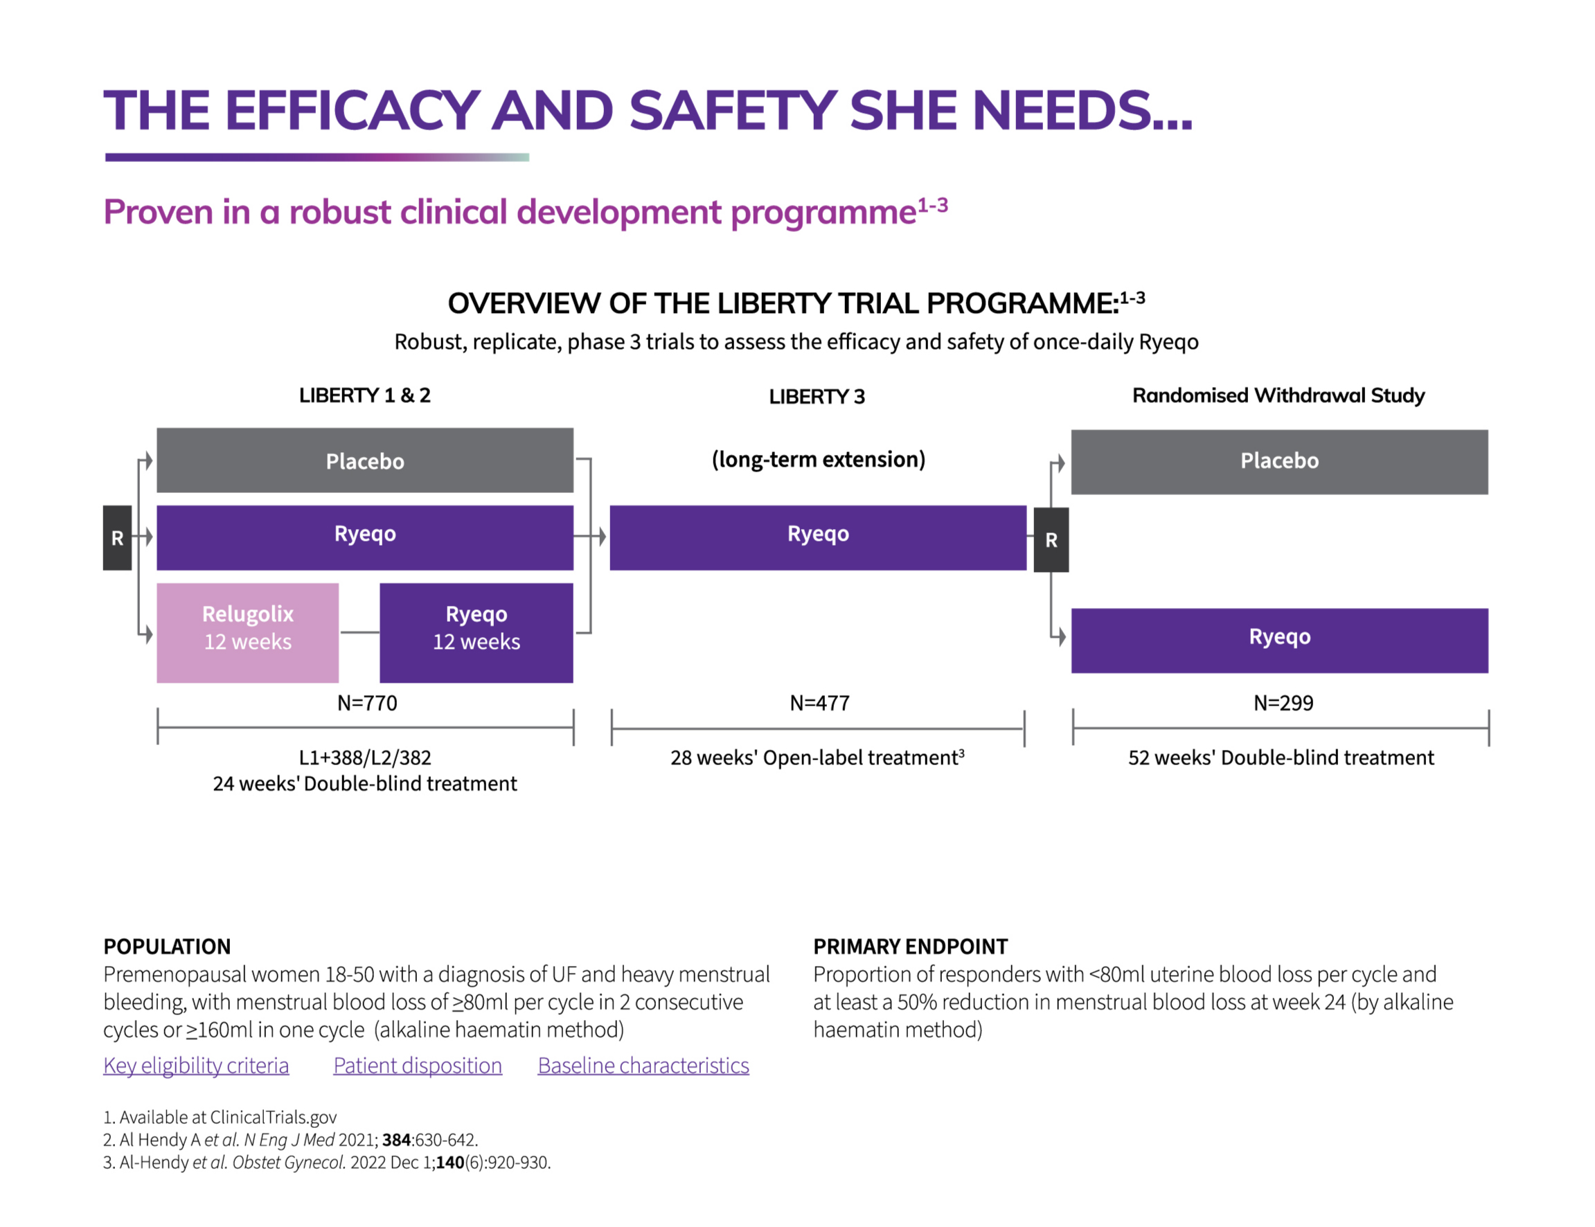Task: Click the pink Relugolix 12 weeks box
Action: click(247, 632)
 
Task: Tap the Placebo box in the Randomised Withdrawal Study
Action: click(1278, 462)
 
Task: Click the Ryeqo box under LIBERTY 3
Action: click(817, 537)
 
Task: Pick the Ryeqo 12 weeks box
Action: click(476, 632)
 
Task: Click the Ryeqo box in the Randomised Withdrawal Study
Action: click(1278, 640)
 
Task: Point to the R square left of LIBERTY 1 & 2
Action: click(117, 537)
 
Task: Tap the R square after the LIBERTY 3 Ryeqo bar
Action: click(1051, 539)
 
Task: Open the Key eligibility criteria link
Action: click(196, 1066)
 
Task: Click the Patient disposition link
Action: click(417, 1066)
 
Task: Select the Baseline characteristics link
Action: click(643, 1066)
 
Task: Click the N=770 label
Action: click(366, 703)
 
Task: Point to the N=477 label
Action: click(819, 703)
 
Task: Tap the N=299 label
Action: click(1283, 703)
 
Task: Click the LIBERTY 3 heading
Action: click(817, 397)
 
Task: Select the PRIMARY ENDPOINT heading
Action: click(910, 947)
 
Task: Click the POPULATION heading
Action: click(166, 947)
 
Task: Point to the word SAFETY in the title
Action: click(732, 111)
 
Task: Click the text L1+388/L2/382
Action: click(364, 758)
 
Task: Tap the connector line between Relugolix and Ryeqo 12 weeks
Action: click(359, 632)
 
